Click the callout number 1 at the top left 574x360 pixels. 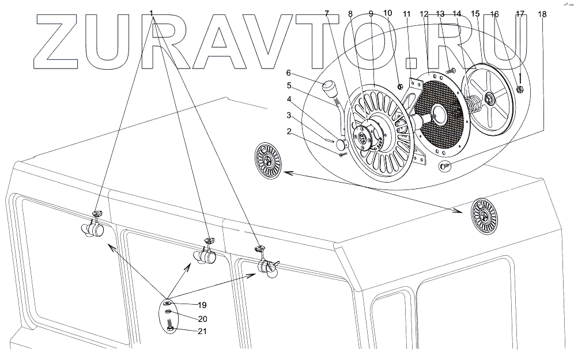click(x=152, y=12)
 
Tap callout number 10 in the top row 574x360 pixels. click(x=387, y=12)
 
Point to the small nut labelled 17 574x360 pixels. click(x=520, y=89)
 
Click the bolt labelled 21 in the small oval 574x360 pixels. click(x=171, y=329)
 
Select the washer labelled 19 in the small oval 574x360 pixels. click(x=167, y=303)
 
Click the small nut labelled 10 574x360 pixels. click(x=401, y=87)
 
